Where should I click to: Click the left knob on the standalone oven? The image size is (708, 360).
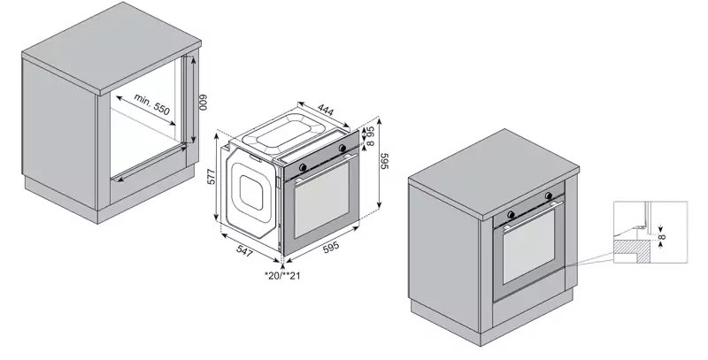tap(304, 165)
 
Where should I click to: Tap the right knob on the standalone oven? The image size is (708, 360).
tap(342, 150)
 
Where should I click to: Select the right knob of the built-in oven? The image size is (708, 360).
tap(550, 195)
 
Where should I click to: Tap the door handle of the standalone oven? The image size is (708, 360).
tap(324, 168)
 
